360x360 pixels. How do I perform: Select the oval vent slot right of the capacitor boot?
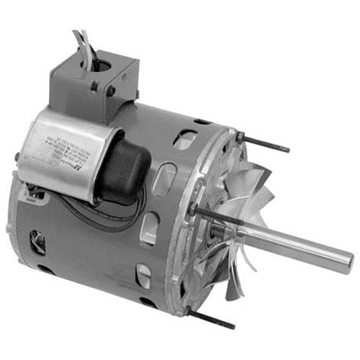point(165,178)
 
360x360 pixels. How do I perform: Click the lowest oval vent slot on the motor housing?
point(145,276)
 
